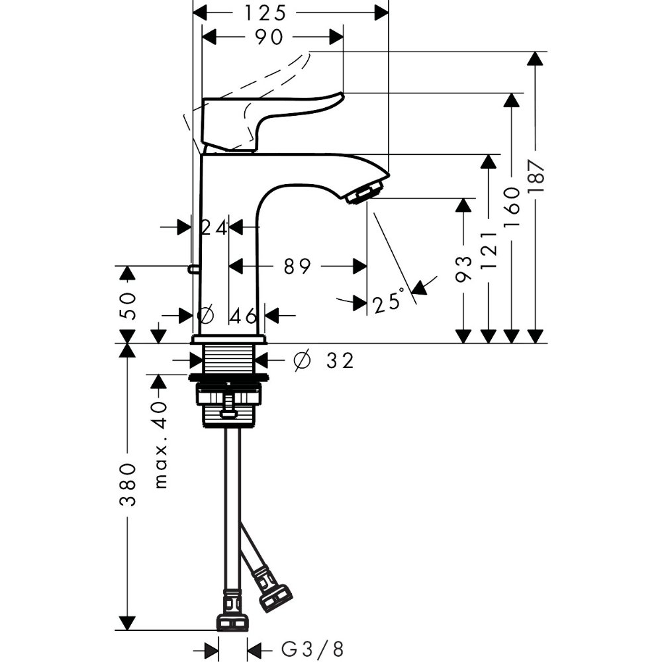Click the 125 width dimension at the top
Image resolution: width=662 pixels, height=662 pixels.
pos(265,13)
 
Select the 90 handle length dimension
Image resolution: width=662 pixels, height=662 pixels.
pos(269,37)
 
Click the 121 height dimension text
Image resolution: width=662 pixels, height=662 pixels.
pos(489,251)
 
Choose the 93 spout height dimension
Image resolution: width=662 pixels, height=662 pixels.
pos(463,269)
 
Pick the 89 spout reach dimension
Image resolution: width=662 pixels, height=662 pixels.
pos(297,266)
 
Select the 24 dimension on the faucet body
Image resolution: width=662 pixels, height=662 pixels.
pos(214,228)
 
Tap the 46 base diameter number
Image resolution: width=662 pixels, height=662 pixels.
pos(243,315)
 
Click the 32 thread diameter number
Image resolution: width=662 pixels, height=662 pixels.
pos(340,361)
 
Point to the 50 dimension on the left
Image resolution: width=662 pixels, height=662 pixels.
pos(128,306)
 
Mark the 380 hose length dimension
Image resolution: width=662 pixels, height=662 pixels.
pos(128,485)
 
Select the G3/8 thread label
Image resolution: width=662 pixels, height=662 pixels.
pos(312,648)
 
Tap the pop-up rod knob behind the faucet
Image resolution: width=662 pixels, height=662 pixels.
pos(192,267)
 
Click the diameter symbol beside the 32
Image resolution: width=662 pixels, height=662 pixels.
pos(303,360)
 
